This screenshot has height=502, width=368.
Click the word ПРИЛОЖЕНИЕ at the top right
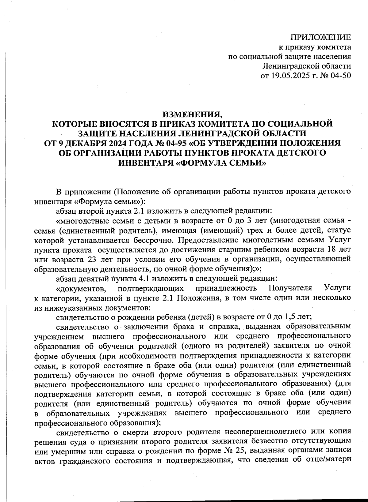click(x=321, y=38)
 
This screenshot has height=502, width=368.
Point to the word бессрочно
click(x=153, y=240)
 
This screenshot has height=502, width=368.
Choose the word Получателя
click(x=290, y=288)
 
